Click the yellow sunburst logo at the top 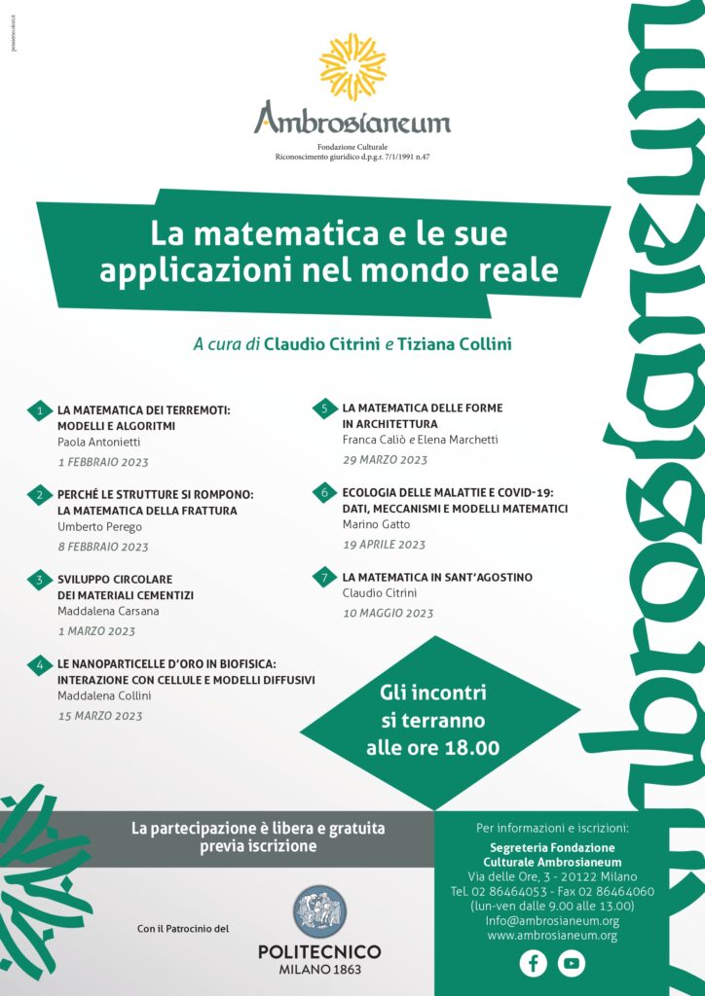click(352, 66)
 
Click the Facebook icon click(533, 963)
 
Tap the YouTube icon click(572, 963)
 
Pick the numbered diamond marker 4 click(39, 665)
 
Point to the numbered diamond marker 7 click(323, 577)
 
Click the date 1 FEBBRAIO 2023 click(103, 462)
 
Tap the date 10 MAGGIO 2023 click(388, 613)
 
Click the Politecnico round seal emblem click(319, 911)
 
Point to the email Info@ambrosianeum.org click(552, 920)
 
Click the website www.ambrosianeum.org click(552, 936)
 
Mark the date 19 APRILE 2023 click(384, 545)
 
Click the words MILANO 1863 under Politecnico click(319, 971)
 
